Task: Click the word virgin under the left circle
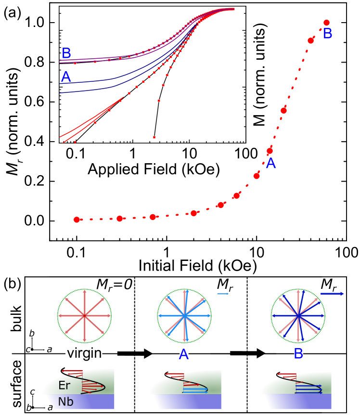(84, 354)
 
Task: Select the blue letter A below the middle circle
(184, 354)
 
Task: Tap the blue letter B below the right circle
(298, 353)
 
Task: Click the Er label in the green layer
(65, 385)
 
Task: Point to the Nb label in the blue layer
(65, 402)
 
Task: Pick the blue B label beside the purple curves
(66, 53)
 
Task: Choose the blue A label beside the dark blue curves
(66, 77)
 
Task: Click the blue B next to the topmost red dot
(327, 34)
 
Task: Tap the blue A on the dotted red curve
(270, 163)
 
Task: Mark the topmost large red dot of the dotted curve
(326, 23)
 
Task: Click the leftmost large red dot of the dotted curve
(77, 220)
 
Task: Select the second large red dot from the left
(120, 219)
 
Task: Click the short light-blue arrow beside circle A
(222, 294)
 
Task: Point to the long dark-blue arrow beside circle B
(332, 294)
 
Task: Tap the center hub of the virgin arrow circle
(85, 316)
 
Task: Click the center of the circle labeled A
(184, 316)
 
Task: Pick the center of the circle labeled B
(298, 316)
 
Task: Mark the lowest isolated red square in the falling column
(154, 137)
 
